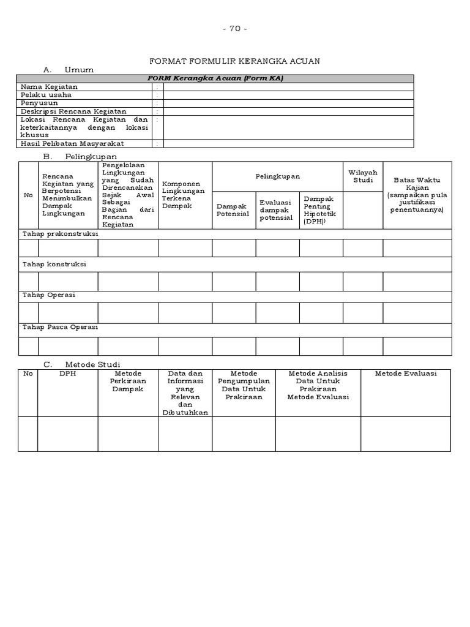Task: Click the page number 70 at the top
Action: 235,29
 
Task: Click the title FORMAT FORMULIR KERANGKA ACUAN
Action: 235,61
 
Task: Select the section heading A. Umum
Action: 69,70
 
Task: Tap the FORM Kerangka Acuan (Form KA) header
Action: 216,78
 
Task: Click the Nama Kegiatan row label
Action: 50,87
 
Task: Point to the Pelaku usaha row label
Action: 46,95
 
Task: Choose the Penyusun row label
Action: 40,103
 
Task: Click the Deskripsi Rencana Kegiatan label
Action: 73,111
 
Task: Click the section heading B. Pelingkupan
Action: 80,157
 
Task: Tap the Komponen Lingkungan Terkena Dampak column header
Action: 184,195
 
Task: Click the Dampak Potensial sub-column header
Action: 233,210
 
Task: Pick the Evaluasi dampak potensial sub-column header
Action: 277,210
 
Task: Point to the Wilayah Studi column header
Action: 363,176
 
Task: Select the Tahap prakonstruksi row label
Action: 60,234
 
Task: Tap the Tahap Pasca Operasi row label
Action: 60,327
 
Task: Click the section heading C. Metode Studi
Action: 81,364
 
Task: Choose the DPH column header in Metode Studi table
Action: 67,374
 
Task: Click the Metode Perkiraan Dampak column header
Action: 128,381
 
